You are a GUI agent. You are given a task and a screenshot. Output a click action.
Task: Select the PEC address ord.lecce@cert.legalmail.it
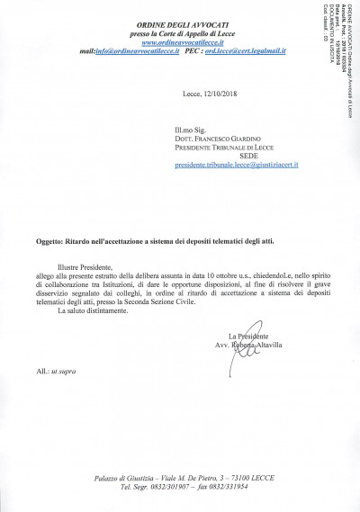pyautogui.click(x=244, y=52)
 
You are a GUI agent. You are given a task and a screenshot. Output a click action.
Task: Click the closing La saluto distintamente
pyautogui.click(x=94, y=312)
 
